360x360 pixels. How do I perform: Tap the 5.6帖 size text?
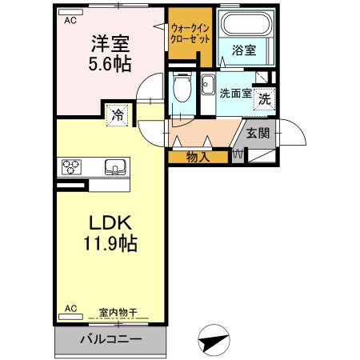[x=110, y=62]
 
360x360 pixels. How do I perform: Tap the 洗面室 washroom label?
[x=236, y=92]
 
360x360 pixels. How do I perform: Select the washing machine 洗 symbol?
[x=264, y=100]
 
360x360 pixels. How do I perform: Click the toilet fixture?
[x=182, y=86]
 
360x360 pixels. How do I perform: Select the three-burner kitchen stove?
[x=71, y=167]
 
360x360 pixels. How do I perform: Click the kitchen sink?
[x=115, y=167]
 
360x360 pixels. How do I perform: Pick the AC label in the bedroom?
[x=70, y=20]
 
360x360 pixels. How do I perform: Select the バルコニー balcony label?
[x=110, y=339]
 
